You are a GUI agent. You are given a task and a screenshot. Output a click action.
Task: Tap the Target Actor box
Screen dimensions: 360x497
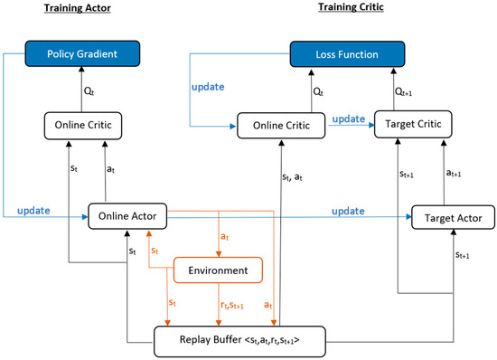point(453,218)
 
